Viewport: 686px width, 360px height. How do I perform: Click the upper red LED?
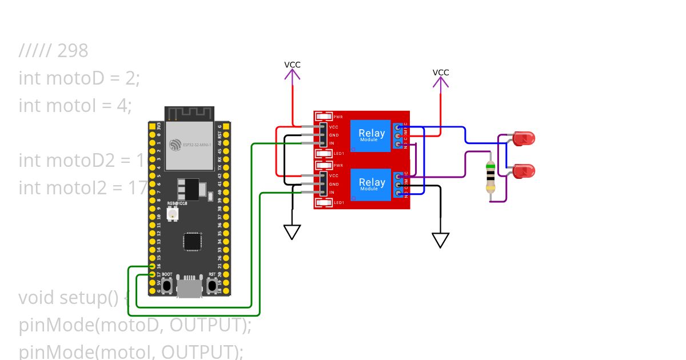point(524,138)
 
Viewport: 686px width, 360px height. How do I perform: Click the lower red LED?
point(524,170)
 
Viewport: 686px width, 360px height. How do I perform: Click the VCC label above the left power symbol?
point(292,65)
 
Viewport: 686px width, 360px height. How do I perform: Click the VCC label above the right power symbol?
point(441,73)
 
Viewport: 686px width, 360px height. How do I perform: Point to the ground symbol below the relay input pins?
point(292,231)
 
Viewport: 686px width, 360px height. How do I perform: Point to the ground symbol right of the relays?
point(440,240)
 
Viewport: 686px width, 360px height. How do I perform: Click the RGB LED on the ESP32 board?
point(171,214)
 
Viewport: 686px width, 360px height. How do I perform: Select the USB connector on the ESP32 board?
point(189,286)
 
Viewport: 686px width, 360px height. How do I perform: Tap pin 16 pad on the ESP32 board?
point(152,266)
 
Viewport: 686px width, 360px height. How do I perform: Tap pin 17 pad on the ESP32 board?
point(152,275)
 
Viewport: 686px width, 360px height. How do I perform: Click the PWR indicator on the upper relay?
point(324,117)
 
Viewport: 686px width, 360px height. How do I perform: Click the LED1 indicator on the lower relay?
point(324,202)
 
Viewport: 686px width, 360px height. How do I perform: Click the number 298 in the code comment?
point(73,51)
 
